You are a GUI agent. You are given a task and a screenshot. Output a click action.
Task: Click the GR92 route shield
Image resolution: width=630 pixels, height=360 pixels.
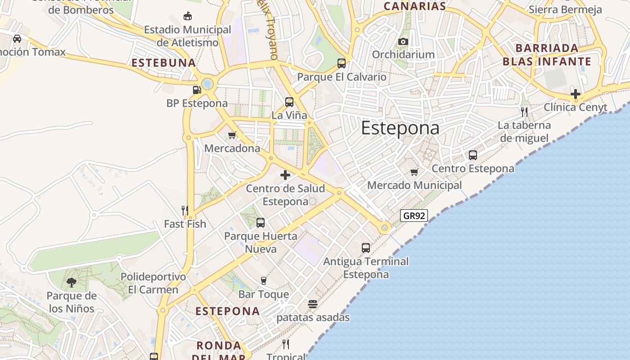[x=414, y=216]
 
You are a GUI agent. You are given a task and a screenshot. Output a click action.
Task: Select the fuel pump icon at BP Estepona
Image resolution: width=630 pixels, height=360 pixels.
[x=197, y=90]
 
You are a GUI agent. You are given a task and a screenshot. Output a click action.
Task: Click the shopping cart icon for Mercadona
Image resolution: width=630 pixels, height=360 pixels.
[x=232, y=135]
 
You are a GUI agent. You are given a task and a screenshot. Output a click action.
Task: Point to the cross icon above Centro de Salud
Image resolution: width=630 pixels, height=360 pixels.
[x=285, y=175]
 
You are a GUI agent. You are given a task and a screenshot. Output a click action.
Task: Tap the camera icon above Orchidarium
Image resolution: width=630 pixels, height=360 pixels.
[x=403, y=42]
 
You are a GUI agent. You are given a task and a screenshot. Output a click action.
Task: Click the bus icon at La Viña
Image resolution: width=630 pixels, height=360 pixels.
[x=289, y=102]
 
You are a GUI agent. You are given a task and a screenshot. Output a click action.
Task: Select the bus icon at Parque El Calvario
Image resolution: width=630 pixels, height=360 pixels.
[x=342, y=63]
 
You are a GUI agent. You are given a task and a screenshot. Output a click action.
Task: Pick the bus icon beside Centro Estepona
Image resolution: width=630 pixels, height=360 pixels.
[x=473, y=155]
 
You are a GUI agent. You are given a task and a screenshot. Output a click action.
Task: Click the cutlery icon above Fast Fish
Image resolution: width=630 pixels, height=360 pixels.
[x=184, y=210]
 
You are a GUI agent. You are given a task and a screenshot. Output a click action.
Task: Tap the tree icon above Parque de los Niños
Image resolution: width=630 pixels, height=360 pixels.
[x=71, y=283]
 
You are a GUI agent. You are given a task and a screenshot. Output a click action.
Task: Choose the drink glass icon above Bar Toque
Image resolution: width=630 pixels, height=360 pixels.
[x=264, y=281]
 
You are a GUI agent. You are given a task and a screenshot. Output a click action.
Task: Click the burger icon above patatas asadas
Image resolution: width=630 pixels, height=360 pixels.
[x=313, y=304]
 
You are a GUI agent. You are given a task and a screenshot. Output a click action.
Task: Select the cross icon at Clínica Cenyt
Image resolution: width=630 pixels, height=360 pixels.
[x=575, y=94]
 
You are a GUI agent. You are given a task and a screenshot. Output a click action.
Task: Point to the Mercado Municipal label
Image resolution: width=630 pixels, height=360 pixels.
[x=414, y=185]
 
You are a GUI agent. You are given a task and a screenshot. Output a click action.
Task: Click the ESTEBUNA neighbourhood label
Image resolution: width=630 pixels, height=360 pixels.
[x=164, y=63]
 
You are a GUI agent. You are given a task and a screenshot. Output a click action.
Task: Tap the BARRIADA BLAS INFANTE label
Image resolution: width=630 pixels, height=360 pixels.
[x=547, y=55]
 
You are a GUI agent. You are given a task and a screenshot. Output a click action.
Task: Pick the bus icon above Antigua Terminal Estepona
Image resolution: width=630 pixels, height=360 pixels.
[x=366, y=248]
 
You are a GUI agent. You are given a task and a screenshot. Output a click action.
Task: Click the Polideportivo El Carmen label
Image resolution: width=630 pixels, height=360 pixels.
[x=153, y=283]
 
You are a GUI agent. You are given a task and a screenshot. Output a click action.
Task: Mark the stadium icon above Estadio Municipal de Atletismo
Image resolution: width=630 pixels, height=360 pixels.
[x=188, y=17]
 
